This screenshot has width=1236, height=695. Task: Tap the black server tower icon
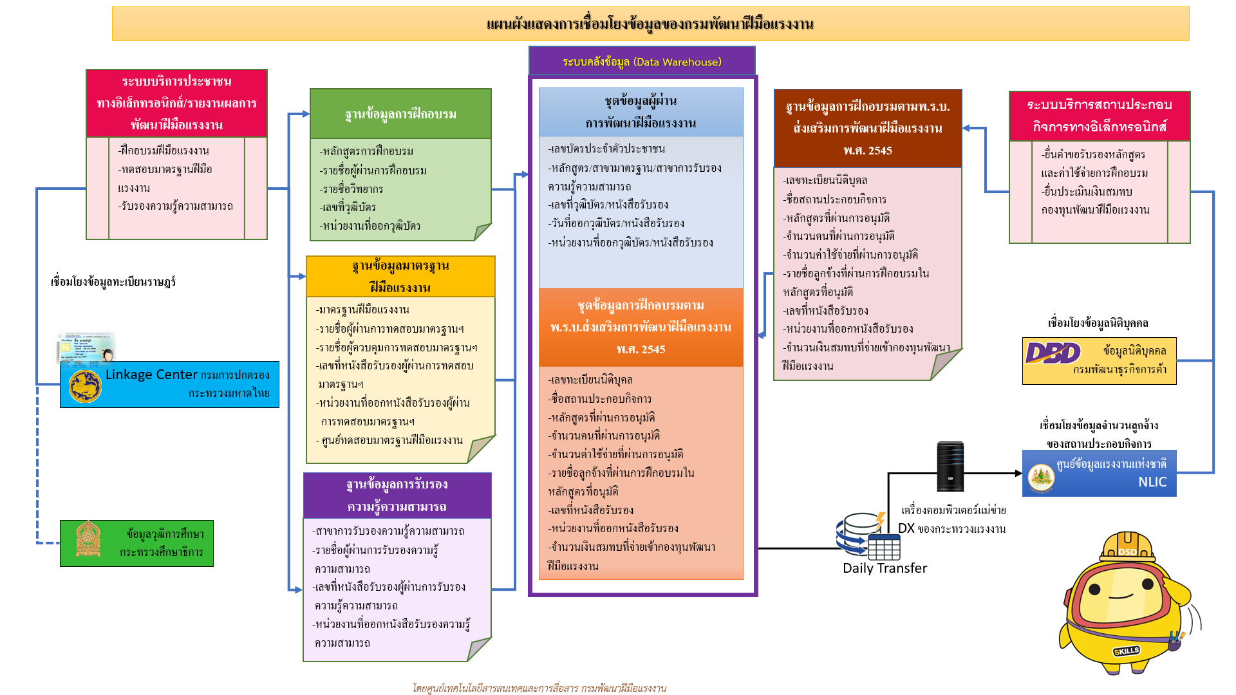coord(950,467)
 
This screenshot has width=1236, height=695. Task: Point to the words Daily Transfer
coord(885,568)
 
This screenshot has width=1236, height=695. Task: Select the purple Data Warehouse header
coord(642,62)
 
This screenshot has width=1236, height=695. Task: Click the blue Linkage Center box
coord(169,384)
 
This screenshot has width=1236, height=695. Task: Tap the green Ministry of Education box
coord(136,543)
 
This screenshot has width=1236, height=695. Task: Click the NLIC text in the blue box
coord(1152,482)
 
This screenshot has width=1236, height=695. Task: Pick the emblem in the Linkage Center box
coord(86,386)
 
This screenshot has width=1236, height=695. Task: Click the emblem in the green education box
coord(88,539)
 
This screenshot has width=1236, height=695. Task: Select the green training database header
coord(400,114)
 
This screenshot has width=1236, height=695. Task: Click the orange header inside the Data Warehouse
coord(641,327)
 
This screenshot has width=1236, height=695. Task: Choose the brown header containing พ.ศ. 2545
coord(867,128)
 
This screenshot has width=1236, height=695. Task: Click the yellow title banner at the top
coord(650,24)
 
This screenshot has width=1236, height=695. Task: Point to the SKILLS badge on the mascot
coord(1127,651)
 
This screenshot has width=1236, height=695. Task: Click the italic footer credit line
coord(539,688)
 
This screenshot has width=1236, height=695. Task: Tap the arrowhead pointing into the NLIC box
coord(1018,474)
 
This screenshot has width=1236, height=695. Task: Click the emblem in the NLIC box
coord(1041,477)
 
